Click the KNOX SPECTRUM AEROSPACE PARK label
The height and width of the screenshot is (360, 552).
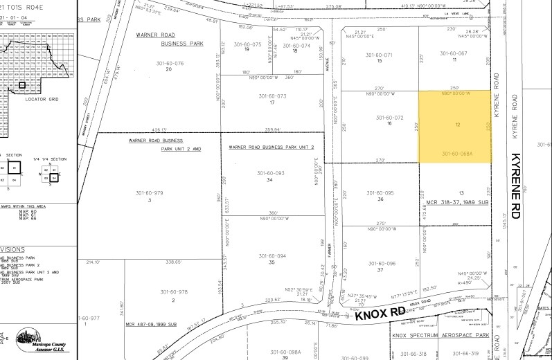[440, 335]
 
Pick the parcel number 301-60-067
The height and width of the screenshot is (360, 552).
[455, 53]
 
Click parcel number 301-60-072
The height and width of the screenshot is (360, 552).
[389, 118]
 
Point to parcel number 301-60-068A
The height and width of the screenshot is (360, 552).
[456, 154]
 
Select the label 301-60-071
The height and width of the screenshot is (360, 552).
[379, 55]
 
